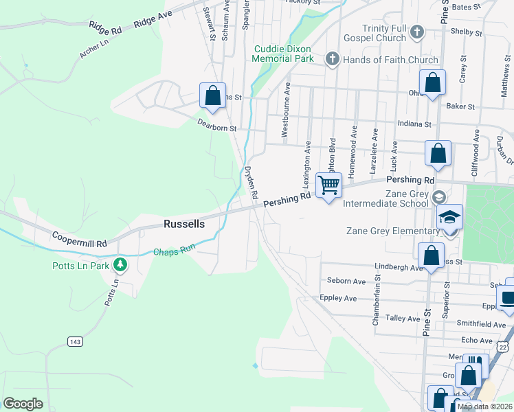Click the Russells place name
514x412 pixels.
pos(184,224)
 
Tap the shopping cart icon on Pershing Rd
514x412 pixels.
pos(329,185)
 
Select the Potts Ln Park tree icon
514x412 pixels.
pos(121,264)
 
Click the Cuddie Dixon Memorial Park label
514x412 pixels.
pos(283,54)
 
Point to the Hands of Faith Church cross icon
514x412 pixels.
pos(332,60)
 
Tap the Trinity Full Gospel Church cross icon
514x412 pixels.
pos(416,32)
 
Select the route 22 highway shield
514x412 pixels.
pos(504,347)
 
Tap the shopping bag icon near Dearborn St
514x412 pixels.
pos(212,95)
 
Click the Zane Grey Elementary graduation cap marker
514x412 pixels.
pos(449,217)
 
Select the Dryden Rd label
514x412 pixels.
pos(252,183)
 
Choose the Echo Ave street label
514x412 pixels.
pos(478,341)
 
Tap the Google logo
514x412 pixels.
pos(23,403)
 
